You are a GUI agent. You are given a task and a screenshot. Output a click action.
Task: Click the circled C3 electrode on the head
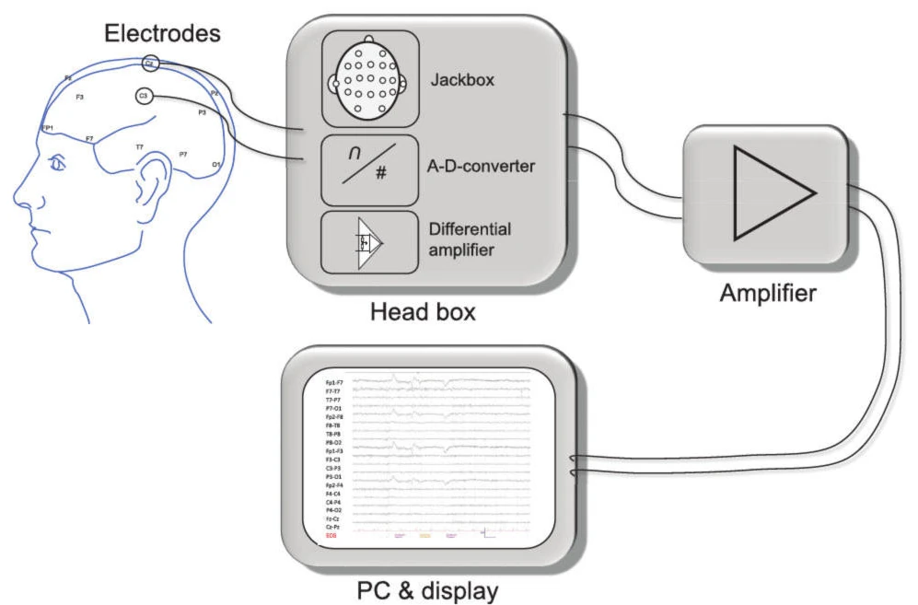click(x=144, y=96)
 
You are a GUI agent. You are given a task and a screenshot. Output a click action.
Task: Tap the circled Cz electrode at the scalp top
click(x=150, y=64)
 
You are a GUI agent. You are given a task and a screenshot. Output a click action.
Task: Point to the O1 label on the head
click(x=216, y=164)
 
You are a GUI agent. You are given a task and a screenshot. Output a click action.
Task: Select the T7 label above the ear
click(x=139, y=147)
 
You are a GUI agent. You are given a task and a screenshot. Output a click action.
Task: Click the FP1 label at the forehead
click(x=48, y=128)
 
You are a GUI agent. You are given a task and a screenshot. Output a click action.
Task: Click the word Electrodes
click(x=162, y=35)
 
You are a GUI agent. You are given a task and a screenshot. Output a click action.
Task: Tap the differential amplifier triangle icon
click(x=368, y=242)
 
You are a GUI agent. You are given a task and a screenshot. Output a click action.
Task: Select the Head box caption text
click(x=423, y=311)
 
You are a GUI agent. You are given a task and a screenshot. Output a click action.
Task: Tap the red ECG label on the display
click(x=331, y=534)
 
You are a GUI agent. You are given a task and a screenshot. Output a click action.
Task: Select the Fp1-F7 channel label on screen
click(x=334, y=381)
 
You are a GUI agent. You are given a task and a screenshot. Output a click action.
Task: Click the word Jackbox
click(x=462, y=80)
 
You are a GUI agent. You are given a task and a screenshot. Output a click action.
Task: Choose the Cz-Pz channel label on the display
click(x=334, y=526)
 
